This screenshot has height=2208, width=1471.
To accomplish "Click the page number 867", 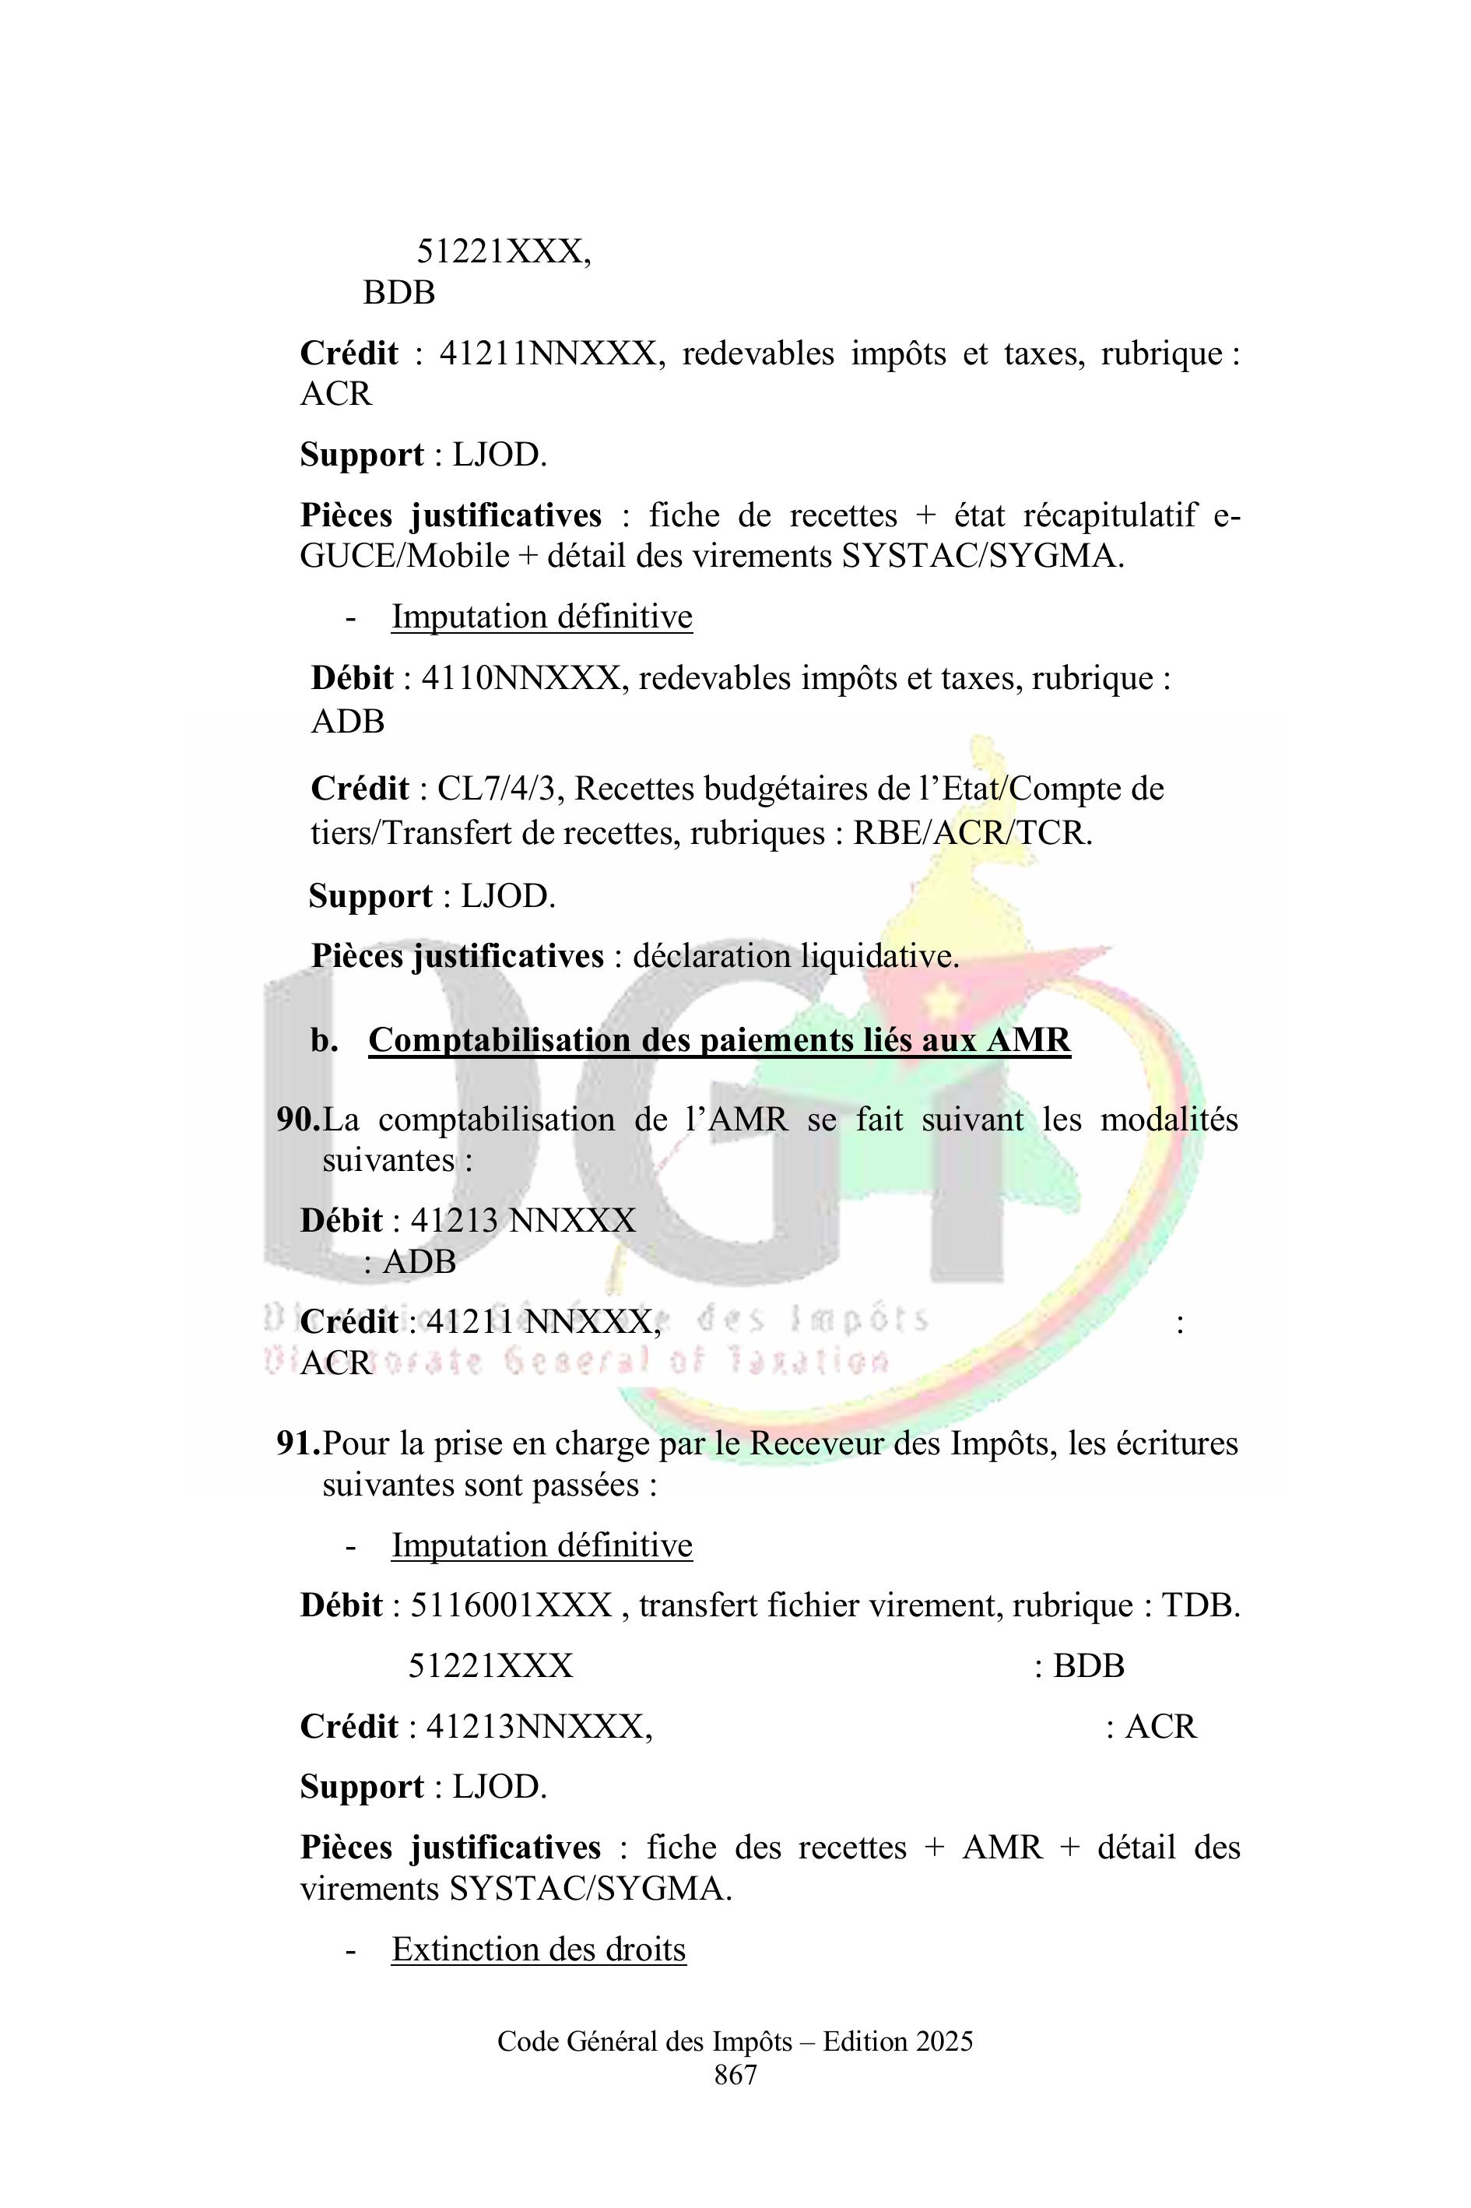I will (x=735, y=2075).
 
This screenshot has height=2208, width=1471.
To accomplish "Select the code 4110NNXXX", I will (x=521, y=677).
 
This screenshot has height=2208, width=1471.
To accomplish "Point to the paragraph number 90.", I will (x=297, y=1120).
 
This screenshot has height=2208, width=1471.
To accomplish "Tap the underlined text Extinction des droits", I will (x=539, y=1949).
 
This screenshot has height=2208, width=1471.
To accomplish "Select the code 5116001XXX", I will (x=511, y=1605).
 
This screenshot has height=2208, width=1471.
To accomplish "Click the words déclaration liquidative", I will (x=795, y=956).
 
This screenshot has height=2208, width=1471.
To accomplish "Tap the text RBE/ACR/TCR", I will (x=971, y=832).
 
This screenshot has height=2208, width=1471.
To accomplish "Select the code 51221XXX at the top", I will (x=503, y=251).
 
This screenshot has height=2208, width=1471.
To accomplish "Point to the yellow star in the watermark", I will (x=944, y=995).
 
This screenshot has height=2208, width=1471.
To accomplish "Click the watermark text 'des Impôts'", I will (x=813, y=1320).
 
